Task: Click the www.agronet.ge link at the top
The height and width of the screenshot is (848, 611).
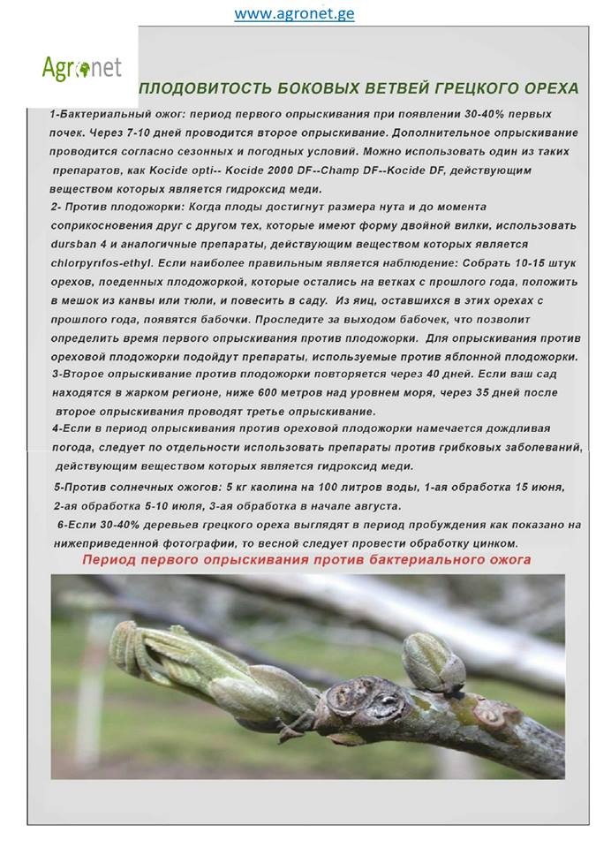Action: point(294,14)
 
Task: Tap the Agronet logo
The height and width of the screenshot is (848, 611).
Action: point(81,67)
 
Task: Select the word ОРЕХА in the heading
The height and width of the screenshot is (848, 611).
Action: point(548,89)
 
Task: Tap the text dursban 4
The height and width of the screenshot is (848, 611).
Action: point(86,244)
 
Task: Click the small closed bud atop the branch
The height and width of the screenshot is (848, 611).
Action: point(433,662)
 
